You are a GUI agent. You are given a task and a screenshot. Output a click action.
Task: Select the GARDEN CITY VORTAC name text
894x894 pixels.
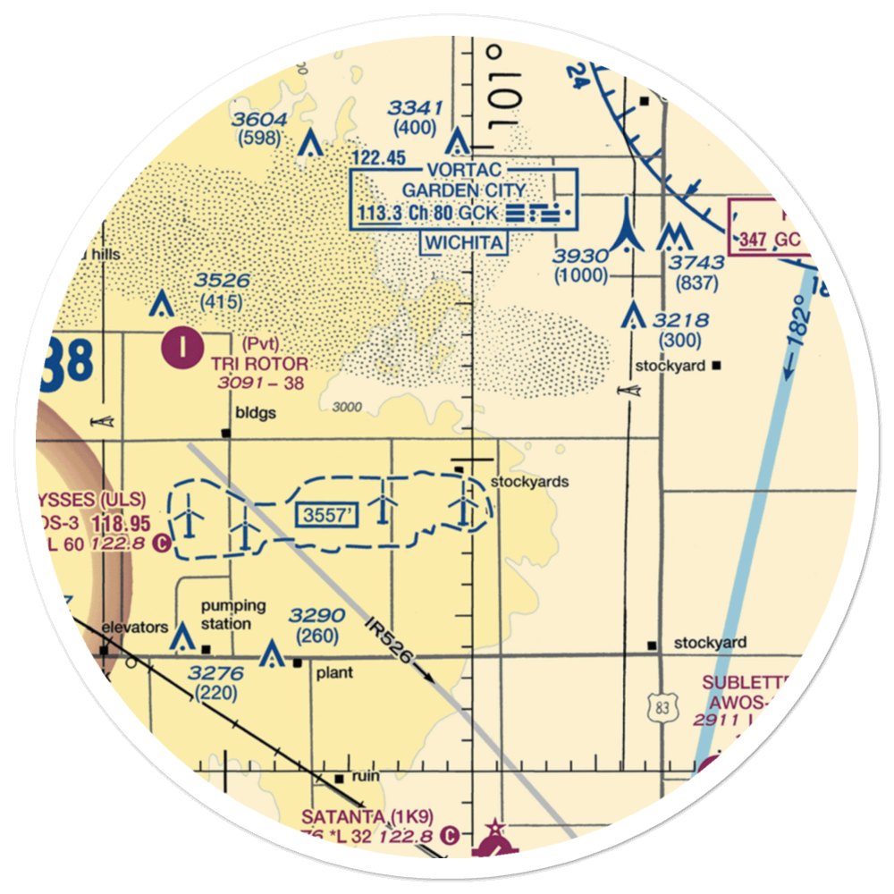(x=463, y=190)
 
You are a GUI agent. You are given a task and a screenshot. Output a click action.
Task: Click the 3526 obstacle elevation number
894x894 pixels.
(x=223, y=282)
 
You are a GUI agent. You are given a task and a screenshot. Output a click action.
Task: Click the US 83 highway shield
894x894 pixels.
(x=662, y=708)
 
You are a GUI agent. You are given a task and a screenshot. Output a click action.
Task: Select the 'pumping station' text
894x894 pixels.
(x=232, y=614)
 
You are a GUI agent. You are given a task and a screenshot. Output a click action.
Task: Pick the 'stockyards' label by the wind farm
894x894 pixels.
(x=530, y=482)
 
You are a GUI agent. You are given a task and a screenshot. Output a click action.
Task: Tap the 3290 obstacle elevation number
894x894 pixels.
(x=316, y=616)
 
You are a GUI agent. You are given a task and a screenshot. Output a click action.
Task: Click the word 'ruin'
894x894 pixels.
(x=366, y=776)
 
